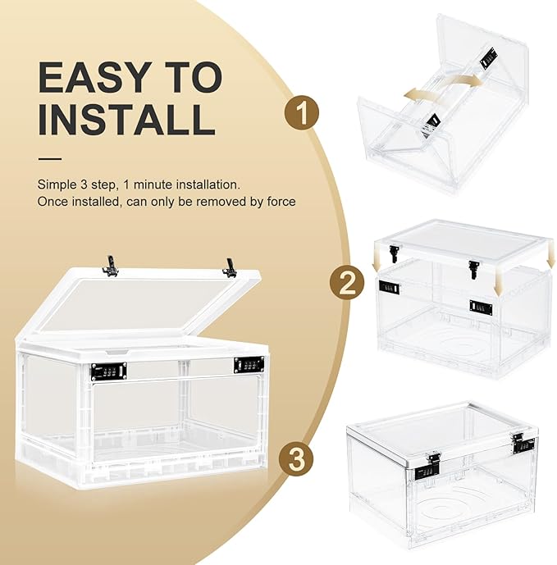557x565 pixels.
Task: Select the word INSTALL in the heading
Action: (x=126, y=119)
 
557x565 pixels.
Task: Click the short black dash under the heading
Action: (x=50, y=159)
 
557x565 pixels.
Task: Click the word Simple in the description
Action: (x=57, y=185)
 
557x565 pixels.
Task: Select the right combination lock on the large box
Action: (x=248, y=364)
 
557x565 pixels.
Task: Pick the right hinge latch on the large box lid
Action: (x=230, y=267)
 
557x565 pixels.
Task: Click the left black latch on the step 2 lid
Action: (x=394, y=253)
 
